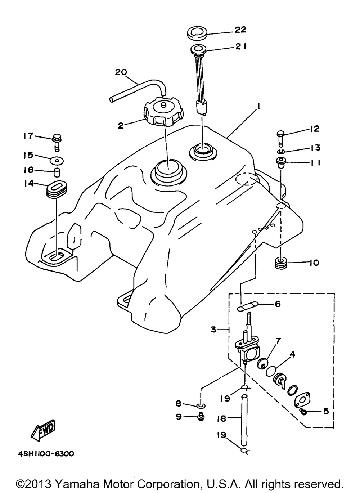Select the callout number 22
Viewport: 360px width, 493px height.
coord(240,30)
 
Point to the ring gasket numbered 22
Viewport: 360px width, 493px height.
coord(197,34)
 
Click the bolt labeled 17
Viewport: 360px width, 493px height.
coord(57,143)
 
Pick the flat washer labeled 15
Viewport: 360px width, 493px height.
coord(57,161)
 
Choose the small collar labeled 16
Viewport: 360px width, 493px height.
coord(57,172)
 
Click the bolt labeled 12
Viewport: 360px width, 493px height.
coord(280,138)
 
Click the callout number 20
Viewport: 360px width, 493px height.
coord(121,72)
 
